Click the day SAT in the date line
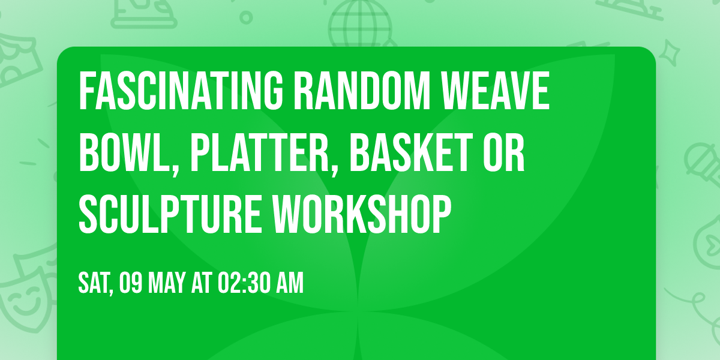(95, 283)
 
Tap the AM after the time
(290, 283)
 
